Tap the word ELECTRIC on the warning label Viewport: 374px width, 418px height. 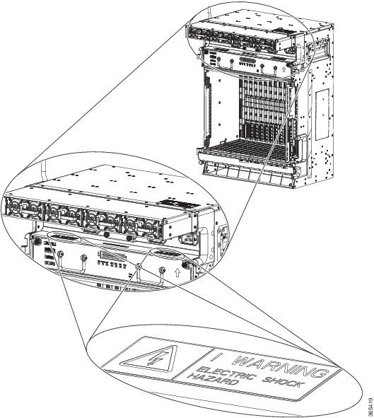click(226, 373)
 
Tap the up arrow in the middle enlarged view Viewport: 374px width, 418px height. click(177, 273)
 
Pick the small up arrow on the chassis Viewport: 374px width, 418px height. click(284, 69)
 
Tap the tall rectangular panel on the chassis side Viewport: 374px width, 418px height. click(322, 115)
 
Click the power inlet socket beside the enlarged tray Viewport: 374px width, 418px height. click(189, 238)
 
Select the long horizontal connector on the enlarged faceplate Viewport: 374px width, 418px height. click(112, 255)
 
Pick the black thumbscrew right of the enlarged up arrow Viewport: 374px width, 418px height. click(185, 265)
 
